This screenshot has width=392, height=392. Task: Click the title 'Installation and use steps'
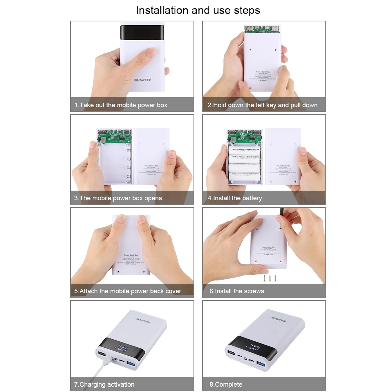(198, 10)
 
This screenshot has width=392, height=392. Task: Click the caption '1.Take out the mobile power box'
(121, 105)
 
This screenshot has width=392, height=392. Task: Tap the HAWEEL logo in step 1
(142, 80)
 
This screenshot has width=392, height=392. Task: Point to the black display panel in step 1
(142, 37)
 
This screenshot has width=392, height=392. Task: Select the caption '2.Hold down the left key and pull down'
(263, 105)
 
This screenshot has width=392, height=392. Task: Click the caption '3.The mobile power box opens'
(118, 198)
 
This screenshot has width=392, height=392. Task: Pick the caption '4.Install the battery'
(235, 198)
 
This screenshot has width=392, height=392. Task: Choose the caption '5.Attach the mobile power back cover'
(128, 291)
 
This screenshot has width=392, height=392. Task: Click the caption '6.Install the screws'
(237, 291)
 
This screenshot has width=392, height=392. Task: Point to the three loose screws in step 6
(270, 278)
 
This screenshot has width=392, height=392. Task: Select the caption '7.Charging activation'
(104, 385)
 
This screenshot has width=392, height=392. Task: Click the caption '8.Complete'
(226, 385)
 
